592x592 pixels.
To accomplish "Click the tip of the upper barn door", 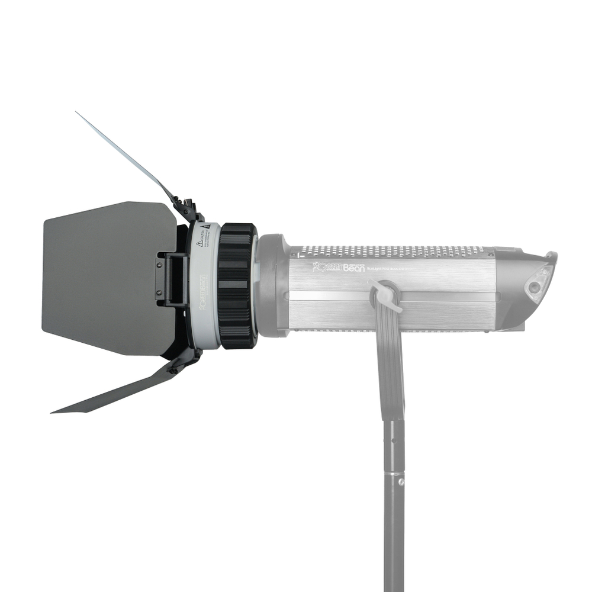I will [78, 112].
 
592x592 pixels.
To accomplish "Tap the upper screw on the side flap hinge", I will [159, 262].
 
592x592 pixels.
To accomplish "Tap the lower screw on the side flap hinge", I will [159, 291].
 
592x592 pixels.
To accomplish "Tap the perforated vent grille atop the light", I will [391, 252].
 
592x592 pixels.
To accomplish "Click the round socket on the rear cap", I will [535, 287].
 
